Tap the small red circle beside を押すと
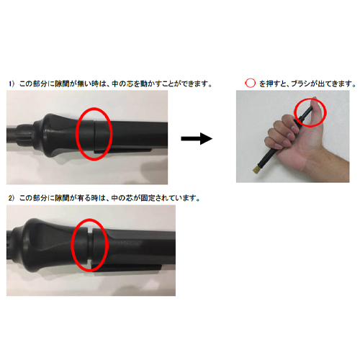[x=251, y=84]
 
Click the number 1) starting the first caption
[x=12, y=84]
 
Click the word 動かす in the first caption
[x=153, y=84]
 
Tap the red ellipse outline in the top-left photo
[x=78, y=132]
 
